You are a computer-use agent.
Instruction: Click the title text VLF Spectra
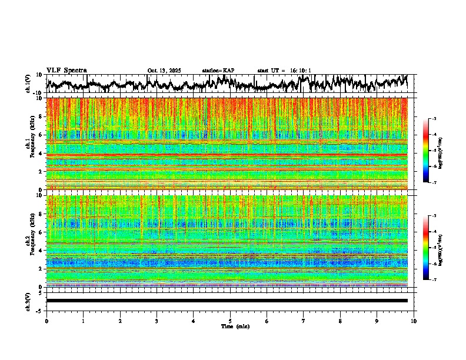[66, 70]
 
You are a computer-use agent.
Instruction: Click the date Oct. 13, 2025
[164, 71]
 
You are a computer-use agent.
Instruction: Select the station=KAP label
[218, 71]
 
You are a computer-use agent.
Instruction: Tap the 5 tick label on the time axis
[230, 321]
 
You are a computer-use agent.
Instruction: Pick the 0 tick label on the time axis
[46, 321]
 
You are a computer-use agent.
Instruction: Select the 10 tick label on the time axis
[414, 321]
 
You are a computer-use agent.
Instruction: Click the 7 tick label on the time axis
[304, 321]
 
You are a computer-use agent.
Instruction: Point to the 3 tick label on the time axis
[157, 321]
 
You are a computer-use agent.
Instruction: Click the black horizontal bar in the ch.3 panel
[227, 301]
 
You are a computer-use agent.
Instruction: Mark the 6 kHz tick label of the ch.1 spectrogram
[41, 135]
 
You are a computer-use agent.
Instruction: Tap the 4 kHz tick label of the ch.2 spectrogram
[41, 250]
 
